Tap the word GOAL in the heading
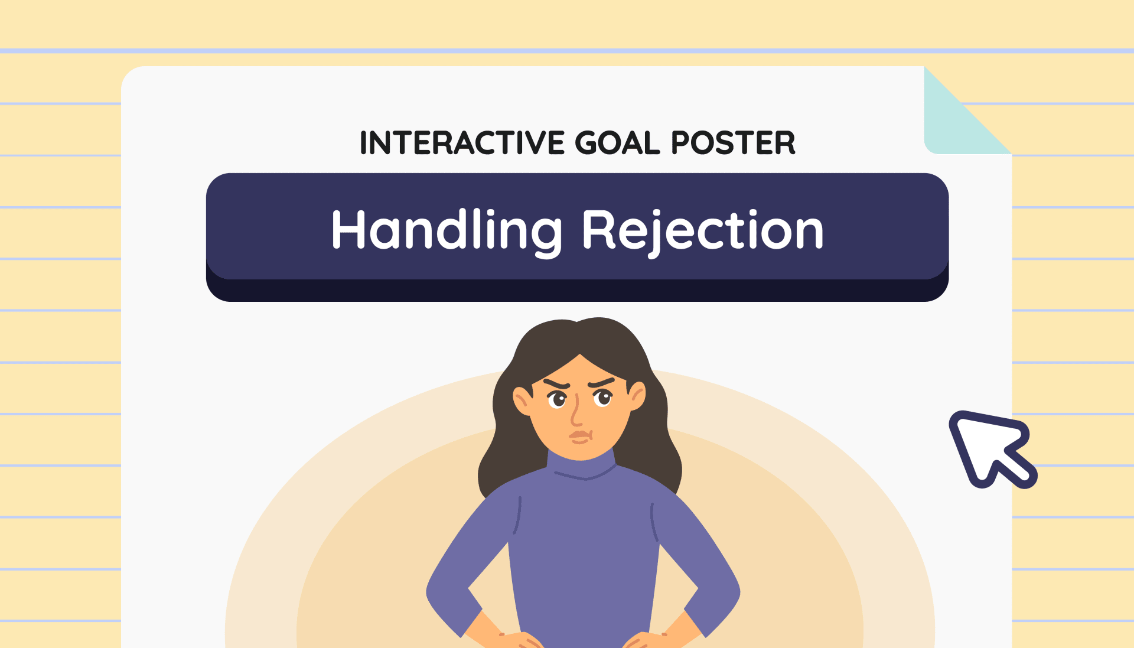617,143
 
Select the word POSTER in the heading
733,143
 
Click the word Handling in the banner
447,231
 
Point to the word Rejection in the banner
703,231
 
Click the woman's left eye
557,400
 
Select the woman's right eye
603,398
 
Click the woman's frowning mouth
580,437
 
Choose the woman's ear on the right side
637,395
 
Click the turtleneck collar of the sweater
582,467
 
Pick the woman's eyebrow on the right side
602,382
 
